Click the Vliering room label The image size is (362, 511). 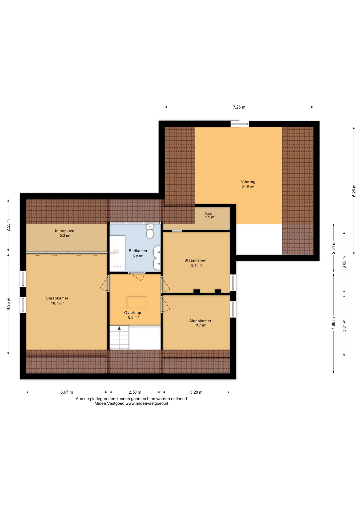pyautogui.click(x=248, y=182)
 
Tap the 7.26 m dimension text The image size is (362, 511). pyautogui.click(x=239, y=107)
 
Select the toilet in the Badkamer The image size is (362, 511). pyautogui.click(x=150, y=231)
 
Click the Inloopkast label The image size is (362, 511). pyautogui.click(x=65, y=231)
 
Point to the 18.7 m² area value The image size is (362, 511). pyautogui.click(x=57, y=303)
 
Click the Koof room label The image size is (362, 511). pyautogui.click(x=209, y=213)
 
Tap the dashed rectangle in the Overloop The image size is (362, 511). pyautogui.click(x=137, y=302)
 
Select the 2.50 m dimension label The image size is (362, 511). pyautogui.click(x=135, y=392)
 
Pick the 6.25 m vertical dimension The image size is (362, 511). pyautogui.click(x=354, y=191)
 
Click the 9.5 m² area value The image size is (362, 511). pyautogui.click(x=196, y=265)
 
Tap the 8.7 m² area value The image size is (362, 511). pyautogui.click(x=201, y=325)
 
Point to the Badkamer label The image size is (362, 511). pyautogui.click(x=138, y=251)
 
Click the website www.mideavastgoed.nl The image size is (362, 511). pyautogui.click(x=147, y=403)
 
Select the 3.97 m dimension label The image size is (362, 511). pyautogui.click(x=67, y=392)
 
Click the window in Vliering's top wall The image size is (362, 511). pyautogui.click(x=240, y=123)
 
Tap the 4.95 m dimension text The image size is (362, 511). pyautogui.click(x=8, y=304)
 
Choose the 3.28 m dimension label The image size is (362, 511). pyautogui.click(x=196, y=392)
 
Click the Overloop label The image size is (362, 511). pyautogui.click(x=133, y=313)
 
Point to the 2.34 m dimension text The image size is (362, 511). pyautogui.click(x=333, y=248)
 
